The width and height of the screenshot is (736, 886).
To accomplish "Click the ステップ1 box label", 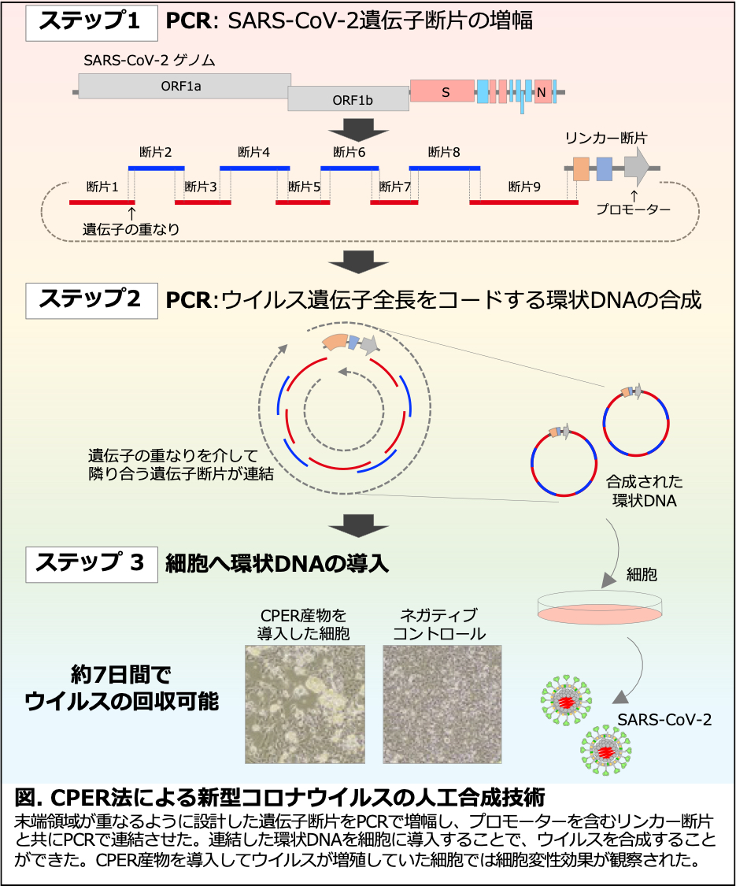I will (x=89, y=22).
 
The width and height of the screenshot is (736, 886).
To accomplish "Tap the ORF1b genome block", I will (x=347, y=99).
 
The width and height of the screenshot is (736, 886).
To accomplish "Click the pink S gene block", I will (x=442, y=91).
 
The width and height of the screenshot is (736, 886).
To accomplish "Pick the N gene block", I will (x=543, y=92).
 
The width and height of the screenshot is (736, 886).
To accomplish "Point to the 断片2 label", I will (x=155, y=151).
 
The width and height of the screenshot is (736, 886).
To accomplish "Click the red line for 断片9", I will (x=523, y=202).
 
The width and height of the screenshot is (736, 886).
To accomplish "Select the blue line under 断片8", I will (x=445, y=168).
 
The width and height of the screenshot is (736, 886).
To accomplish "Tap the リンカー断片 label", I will (x=606, y=137).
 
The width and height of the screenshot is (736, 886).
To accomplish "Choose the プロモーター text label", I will (x=633, y=210).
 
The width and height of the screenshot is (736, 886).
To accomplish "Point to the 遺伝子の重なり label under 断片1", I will (x=131, y=229).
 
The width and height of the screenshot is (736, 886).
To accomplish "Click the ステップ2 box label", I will (x=89, y=299).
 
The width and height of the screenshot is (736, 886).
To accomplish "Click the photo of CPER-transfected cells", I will (x=306, y=703).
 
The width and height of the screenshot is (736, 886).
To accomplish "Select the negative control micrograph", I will (x=442, y=703).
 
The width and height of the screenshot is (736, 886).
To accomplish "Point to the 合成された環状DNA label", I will (x=644, y=491).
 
